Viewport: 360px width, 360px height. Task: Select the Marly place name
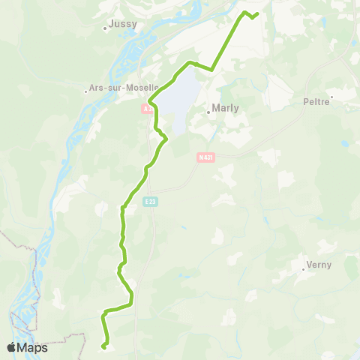(226, 108)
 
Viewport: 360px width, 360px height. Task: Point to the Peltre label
(316, 101)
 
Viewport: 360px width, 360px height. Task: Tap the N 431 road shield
(205, 157)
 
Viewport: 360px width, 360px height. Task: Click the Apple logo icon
(12, 347)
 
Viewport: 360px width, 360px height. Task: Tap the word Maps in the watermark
(33, 347)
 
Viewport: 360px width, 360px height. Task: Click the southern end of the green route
(103, 346)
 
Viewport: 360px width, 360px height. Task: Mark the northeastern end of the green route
(257, 13)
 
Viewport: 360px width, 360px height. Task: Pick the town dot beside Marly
(209, 114)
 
